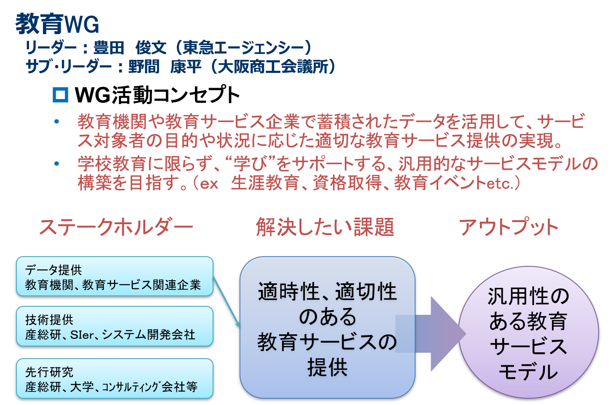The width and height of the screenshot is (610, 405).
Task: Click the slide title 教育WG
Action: [57, 24]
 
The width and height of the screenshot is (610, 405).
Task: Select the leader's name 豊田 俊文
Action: [130, 48]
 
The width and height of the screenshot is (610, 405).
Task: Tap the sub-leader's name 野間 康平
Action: [165, 66]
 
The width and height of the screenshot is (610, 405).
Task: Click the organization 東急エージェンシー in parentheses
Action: [242, 48]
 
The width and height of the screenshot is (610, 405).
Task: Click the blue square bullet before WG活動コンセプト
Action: [60, 95]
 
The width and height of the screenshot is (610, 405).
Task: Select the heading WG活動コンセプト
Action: [157, 95]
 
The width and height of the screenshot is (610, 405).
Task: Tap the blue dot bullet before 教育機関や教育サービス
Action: [57, 121]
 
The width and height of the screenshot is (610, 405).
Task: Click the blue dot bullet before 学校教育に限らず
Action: [57, 164]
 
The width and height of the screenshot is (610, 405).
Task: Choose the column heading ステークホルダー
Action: [116, 227]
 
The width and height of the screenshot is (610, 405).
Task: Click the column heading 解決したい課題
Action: [325, 227]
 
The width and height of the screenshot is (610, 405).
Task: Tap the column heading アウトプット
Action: [509, 227]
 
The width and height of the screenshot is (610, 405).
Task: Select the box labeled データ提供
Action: [115, 276]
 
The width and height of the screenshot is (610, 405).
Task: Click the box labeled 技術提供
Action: [115, 326]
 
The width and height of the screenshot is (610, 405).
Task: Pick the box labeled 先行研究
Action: [115, 378]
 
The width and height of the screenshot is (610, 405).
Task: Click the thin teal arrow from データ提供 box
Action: [226, 302]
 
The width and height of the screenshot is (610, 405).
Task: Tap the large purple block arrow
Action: [430, 334]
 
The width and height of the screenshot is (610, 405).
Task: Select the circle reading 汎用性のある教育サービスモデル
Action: [529, 333]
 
